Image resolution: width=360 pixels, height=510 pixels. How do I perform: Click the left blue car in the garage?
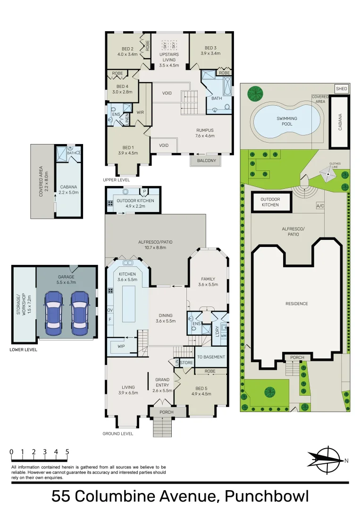point(54,313)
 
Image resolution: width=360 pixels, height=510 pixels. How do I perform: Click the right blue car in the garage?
point(80,313)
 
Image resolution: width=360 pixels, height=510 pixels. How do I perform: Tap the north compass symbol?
point(328,460)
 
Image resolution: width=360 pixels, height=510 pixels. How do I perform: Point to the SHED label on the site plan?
point(342,88)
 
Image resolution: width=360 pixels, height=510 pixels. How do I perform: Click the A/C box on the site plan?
point(320,206)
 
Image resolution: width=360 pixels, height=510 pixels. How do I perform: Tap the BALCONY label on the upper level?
point(206,161)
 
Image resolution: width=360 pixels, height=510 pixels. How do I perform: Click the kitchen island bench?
point(129,304)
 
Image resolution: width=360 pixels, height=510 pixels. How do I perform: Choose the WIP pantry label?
point(121,347)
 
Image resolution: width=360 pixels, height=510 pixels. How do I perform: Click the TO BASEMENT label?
point(211,357)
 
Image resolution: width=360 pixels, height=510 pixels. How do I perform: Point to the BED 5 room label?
point(201,388)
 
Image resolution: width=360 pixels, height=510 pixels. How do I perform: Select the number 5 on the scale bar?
point(67,452)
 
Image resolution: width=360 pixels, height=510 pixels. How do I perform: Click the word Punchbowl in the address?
point(267,496)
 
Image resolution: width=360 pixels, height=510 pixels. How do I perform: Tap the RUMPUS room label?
point(205,130)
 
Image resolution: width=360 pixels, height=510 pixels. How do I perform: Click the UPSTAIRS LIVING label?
point(169,57)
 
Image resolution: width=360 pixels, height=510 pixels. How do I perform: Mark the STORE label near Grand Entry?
point(186,363)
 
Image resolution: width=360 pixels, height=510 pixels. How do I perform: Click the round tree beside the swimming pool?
point(255,93)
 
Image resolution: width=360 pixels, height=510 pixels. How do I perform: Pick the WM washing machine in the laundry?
point(224,336)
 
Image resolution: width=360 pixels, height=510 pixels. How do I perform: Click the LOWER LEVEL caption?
point(24,349)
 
